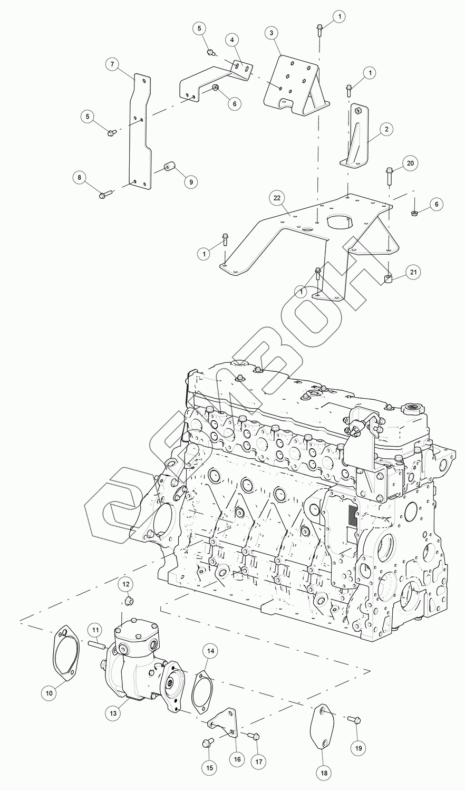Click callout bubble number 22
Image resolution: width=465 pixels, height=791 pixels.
click(276, 199)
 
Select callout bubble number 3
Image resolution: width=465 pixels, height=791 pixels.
click(271, 33)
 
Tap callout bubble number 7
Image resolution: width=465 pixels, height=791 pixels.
click(112, 64)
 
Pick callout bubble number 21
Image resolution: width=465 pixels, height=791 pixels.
click(413, 272)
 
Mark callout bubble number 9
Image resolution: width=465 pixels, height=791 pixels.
click(190, 181)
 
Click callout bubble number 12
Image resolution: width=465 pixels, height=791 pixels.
click(126, 584)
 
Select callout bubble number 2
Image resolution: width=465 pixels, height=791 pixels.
click(386, 128)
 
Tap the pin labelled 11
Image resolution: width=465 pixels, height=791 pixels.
click(98, 645)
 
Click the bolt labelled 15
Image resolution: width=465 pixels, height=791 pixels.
click(206, 743)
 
